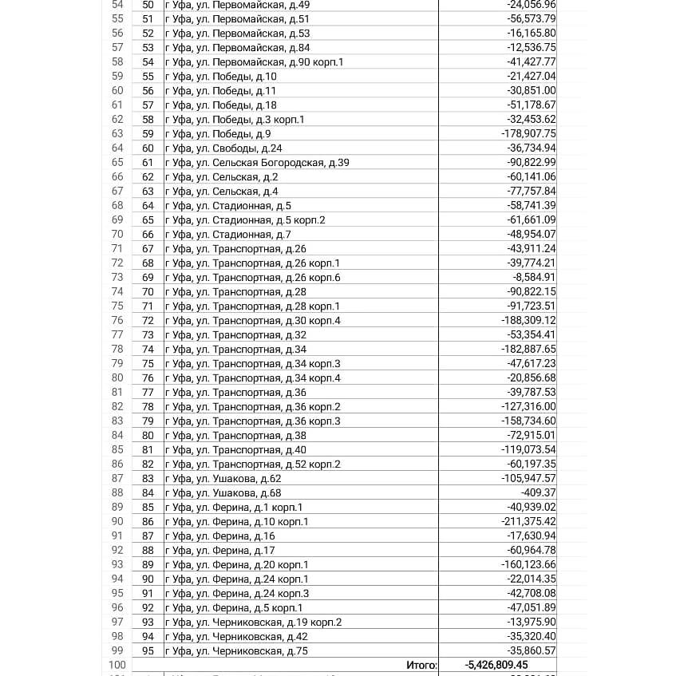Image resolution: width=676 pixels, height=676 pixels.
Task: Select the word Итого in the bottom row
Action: tap(421, 665)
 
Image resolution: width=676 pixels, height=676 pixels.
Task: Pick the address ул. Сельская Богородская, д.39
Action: tap(257, 162)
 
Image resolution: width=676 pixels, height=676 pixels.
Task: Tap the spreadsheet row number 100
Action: tap(117, 665)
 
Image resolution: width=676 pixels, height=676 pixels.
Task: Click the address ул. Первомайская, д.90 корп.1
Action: tap(254, 61)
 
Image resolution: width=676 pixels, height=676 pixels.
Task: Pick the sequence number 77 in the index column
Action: tap(148, 392)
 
